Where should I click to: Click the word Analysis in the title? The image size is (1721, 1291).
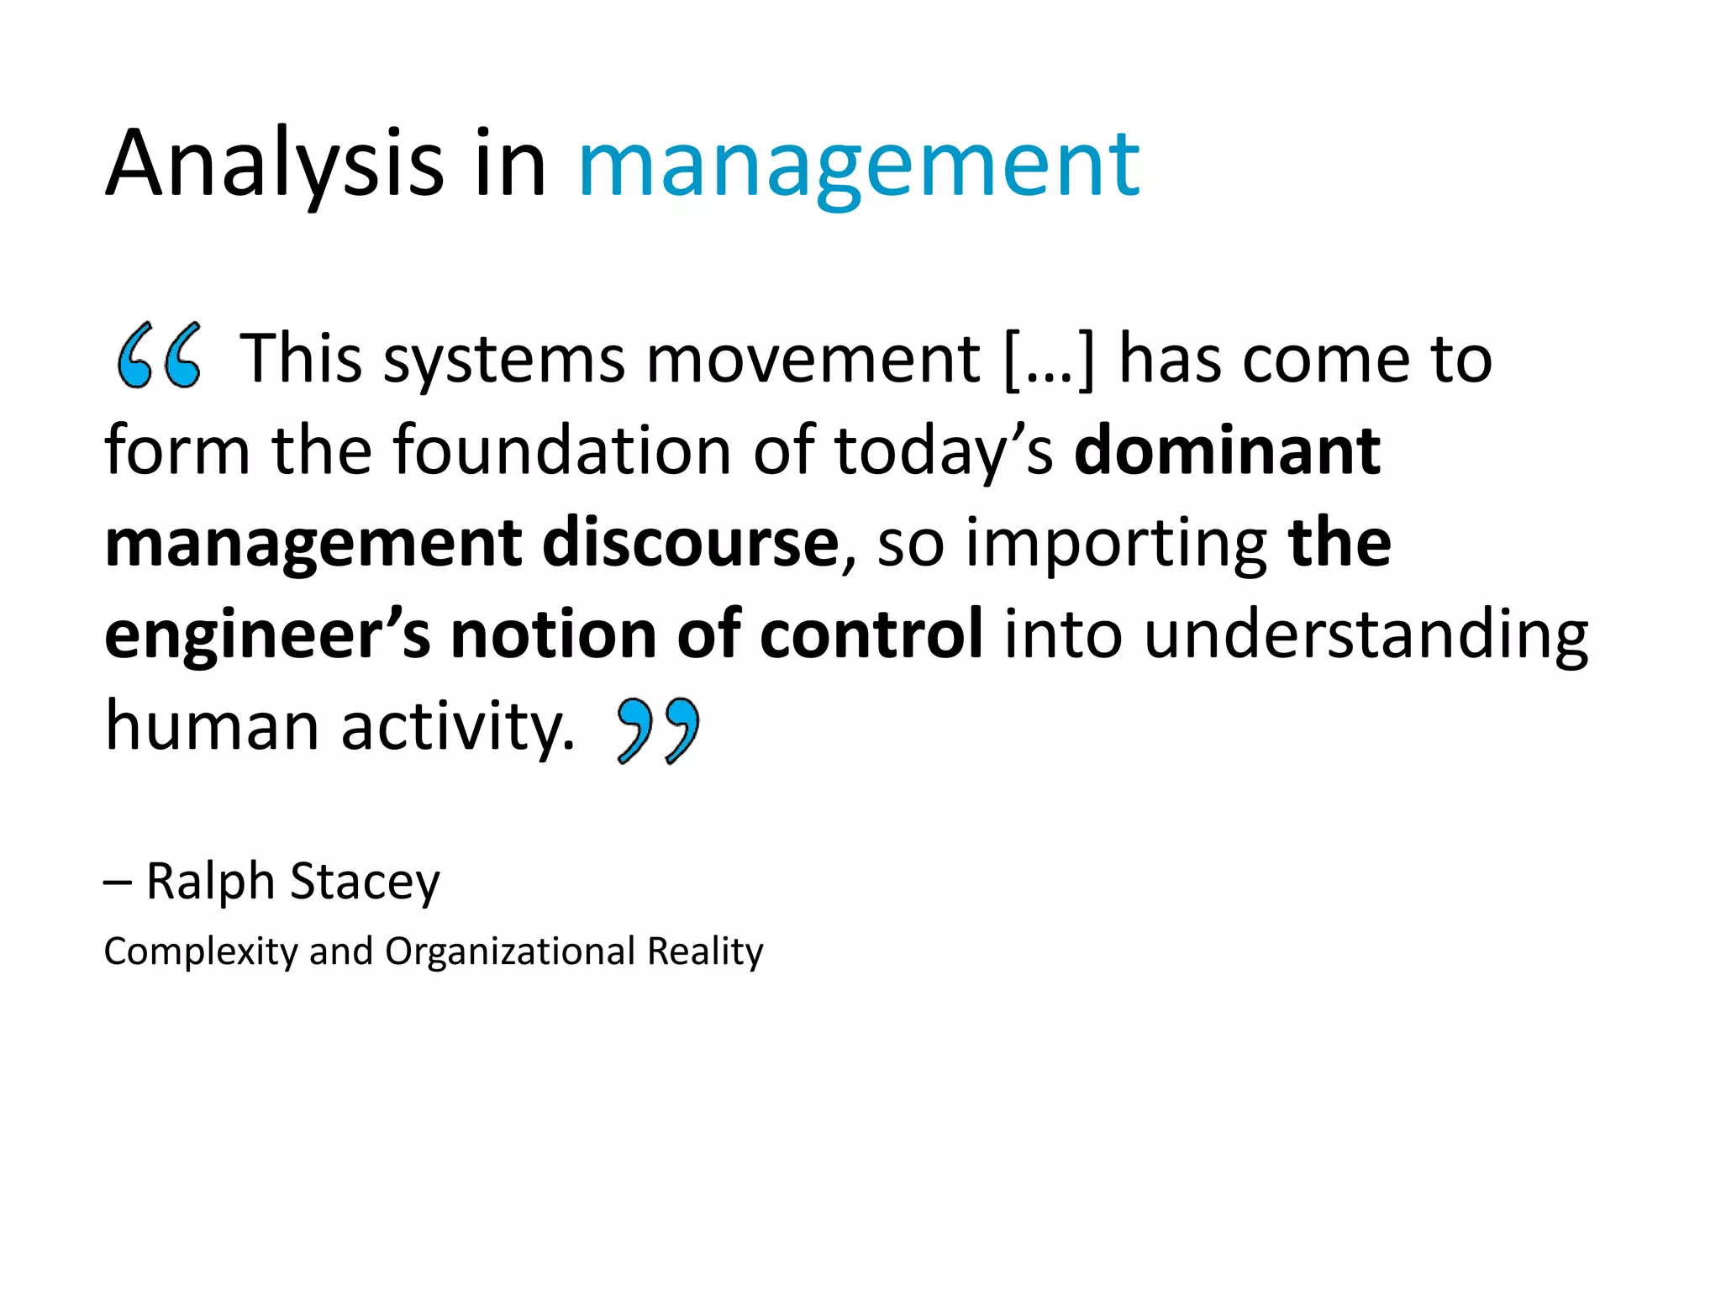(274, 164)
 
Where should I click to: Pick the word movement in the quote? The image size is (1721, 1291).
(813, 360)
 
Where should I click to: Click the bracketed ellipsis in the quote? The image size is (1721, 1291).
(1050, 360)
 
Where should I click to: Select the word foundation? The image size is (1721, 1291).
(562, 451)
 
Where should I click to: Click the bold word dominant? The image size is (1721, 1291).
(1227, 451)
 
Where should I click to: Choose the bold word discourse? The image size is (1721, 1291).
(690, 542)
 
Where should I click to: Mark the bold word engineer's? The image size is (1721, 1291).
(267, 635)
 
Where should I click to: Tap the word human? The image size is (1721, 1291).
(212, 725)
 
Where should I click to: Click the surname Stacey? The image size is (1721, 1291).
(365, 883)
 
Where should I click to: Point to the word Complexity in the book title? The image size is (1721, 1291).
(201, 952)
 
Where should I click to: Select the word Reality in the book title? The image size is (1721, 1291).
(705, 952)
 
